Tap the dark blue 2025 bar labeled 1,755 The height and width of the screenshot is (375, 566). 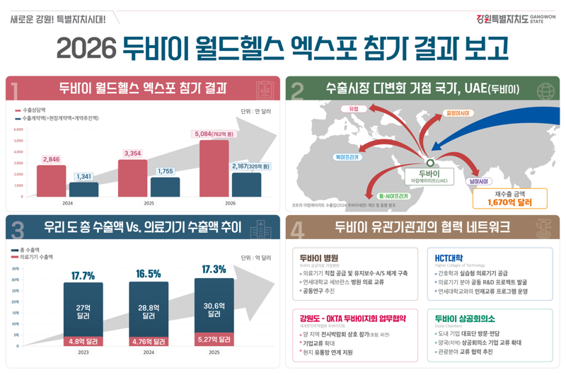tap(165, 187)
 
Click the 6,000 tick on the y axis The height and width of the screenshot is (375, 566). tap(18, 129)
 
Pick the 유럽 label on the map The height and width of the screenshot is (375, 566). tap(354, 110)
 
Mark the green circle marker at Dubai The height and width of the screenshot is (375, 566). tap(429, 163)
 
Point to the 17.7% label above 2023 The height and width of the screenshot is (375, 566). tap(83, 275)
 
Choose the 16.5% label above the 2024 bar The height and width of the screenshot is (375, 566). tap(149, 274)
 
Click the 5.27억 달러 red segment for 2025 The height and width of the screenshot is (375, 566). tap(214, 340)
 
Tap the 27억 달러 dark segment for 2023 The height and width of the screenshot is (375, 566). tap(83, 311)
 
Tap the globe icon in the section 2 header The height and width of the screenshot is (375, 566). tap(545, 91)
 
